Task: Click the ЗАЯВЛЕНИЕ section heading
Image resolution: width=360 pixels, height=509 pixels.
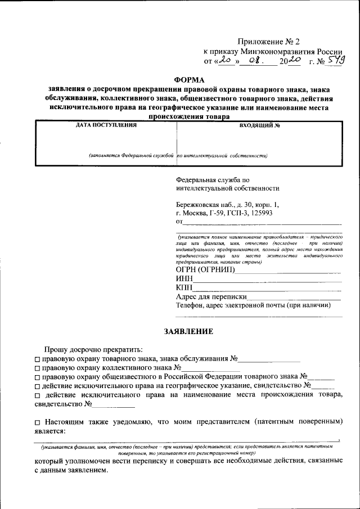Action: point(188,331)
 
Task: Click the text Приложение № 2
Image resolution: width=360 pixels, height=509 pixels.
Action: point(269,41)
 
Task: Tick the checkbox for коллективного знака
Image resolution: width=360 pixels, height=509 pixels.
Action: point(37,368)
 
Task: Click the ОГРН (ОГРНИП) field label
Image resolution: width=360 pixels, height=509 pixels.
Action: point(205,269)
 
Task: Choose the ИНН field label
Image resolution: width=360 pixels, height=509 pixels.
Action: point(184,279)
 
